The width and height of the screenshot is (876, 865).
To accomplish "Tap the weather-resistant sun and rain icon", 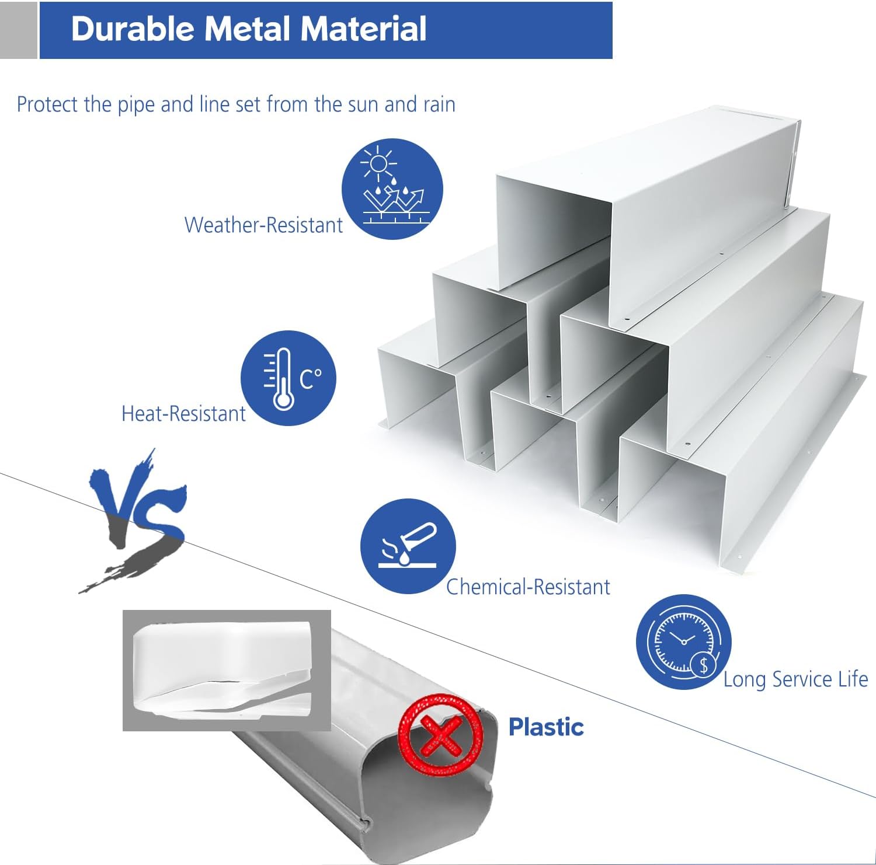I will coord(392,189).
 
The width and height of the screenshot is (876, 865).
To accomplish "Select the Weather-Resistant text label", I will coord(263,225).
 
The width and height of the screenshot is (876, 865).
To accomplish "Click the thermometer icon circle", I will coord(288,378).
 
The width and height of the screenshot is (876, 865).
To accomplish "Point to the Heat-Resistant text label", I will coord(183,414).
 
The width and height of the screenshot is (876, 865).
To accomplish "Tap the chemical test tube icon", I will coord(408,546).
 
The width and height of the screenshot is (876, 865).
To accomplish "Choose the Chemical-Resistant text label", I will coord(528,587).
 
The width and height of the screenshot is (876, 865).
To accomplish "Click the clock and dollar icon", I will coord(683,642).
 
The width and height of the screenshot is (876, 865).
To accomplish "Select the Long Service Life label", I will coord(795,679).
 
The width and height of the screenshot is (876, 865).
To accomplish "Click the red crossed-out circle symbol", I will coord(441,734).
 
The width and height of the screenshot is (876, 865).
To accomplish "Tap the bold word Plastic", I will coord(546,727).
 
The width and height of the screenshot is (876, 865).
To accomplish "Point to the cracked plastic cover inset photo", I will coord(227,670).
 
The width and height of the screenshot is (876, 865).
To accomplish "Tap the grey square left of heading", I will coord(18,30).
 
